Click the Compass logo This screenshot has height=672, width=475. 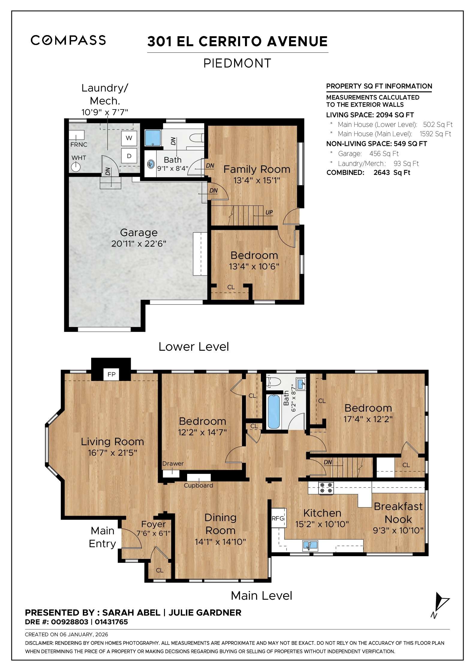(68, 40)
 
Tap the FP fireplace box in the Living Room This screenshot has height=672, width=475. (111, 374)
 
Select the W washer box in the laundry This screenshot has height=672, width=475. (129, 138)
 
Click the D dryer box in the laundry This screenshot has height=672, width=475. (129, 156)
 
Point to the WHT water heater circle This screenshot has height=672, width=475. (76, 167)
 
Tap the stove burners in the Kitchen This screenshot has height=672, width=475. (326, 488)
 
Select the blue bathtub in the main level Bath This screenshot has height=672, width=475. (273, 412)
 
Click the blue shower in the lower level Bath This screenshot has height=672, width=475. (153, 138)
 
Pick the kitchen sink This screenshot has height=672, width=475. (310, 545)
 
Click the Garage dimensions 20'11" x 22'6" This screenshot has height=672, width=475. (139, 244)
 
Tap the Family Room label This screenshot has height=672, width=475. (257, 169)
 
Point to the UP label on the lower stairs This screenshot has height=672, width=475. (269, 212)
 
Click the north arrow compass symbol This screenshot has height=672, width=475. (440, 604)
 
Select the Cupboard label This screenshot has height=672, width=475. (198, 485)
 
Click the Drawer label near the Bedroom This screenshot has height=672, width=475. (173, 463)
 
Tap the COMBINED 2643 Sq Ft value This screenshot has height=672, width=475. (392, 172)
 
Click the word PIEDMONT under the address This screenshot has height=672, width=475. (237, 63)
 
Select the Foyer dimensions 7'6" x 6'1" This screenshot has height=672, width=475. (153, 533)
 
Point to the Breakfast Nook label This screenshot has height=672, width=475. (398, 513)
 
